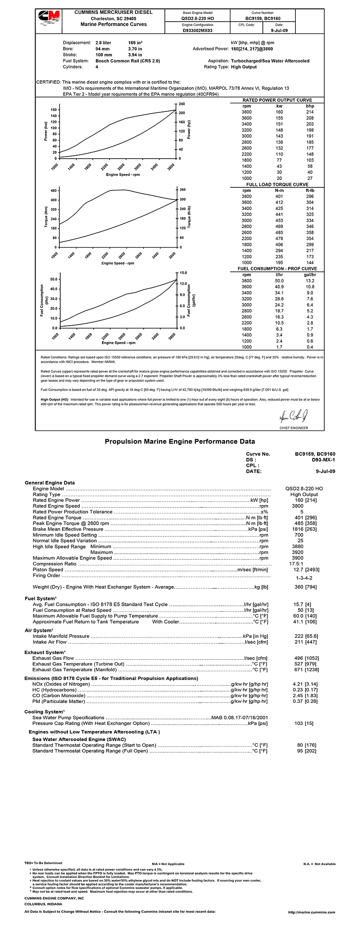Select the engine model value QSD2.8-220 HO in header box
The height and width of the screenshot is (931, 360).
point(197,19)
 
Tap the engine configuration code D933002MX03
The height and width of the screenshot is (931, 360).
point(197,31)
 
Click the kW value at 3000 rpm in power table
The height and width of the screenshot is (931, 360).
point(279,136)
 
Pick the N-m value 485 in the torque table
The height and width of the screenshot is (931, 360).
point(279,232)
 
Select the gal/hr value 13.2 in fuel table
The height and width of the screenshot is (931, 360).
point(310,281)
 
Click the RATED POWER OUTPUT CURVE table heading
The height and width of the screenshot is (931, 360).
point(277,100)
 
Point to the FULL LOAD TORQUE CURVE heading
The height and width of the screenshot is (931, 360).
point(277,185)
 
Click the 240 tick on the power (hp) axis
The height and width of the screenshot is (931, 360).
point(182,104)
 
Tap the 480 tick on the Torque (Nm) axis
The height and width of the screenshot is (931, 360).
point(54,191)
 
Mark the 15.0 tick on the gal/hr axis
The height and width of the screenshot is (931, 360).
point(183,273)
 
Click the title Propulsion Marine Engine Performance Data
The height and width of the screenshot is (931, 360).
point(180,442)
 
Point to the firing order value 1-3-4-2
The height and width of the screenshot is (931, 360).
point(304,578)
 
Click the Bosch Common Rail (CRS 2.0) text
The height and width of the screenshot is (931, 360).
point(128,61)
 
